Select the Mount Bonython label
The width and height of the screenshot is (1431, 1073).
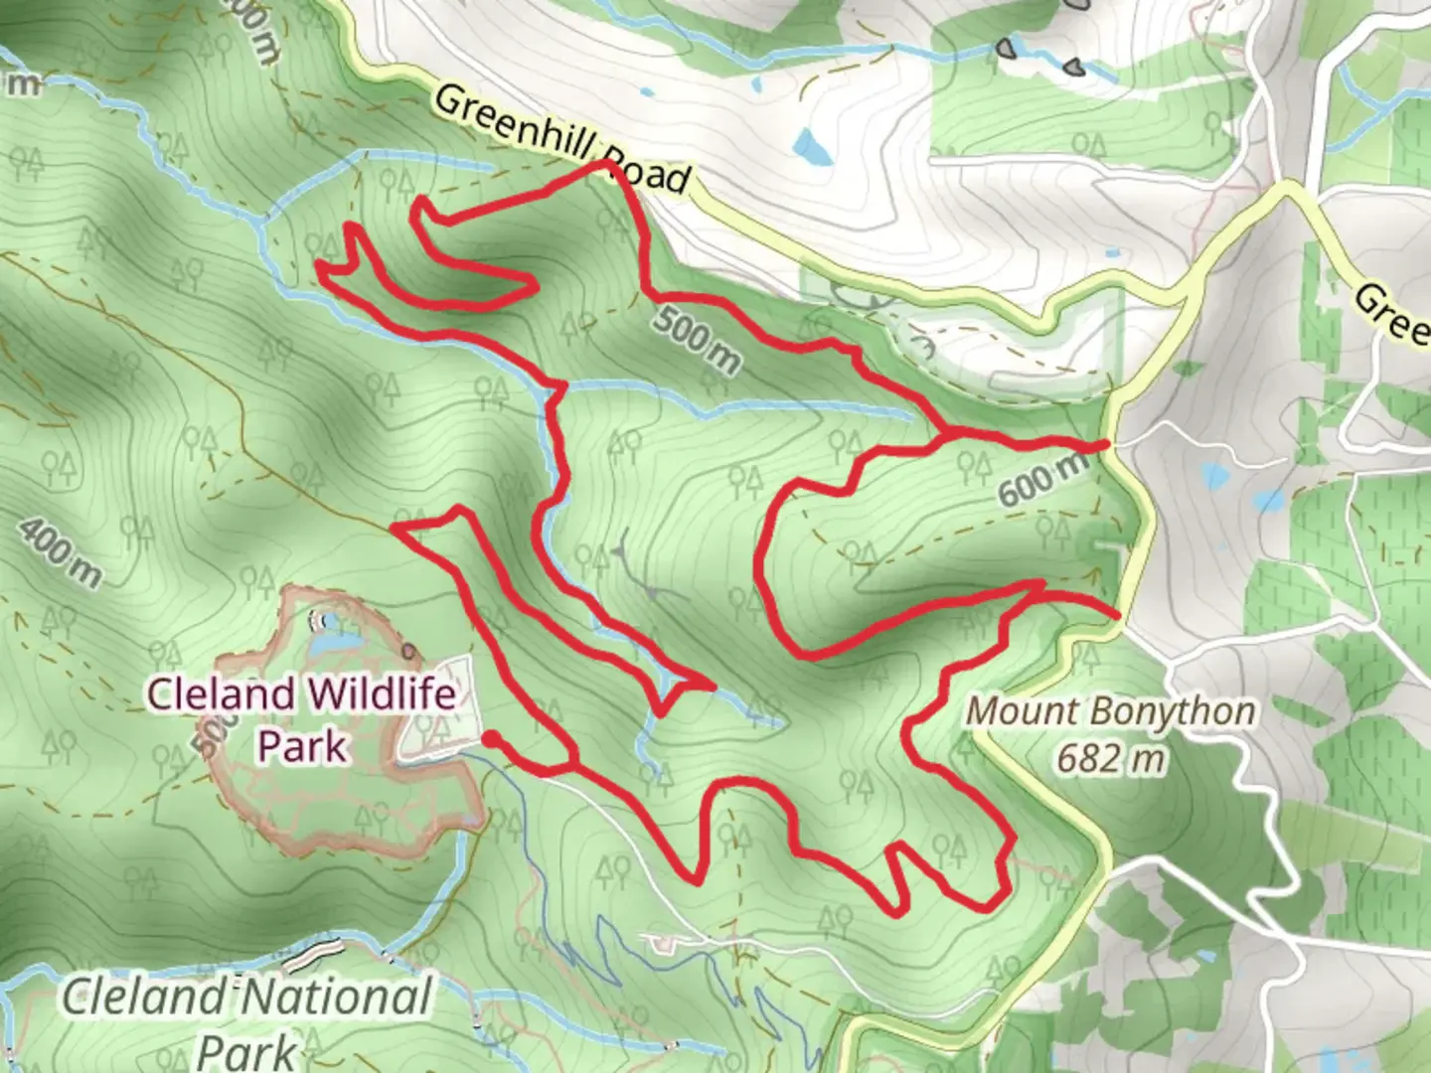(1110, 711)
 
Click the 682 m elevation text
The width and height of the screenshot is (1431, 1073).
(1110, 760)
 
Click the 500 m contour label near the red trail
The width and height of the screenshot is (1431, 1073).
(697, 341)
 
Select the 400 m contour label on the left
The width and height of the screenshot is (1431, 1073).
(60, 551)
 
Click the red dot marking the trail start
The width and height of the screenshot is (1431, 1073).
(490, 738)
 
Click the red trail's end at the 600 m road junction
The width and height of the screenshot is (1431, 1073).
(1106, 445)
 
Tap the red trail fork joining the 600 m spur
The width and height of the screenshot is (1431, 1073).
(942, 434)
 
